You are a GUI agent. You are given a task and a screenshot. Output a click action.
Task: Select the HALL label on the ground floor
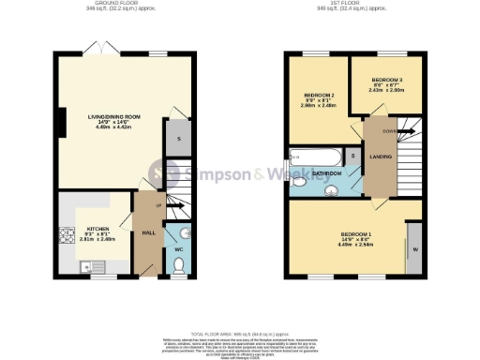(x=147, y=233)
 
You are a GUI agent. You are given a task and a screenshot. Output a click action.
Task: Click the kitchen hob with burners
(x=66, y=237)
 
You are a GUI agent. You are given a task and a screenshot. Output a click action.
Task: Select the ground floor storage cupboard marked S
(x=178, y=139)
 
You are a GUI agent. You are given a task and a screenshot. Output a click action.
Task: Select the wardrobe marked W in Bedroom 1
(x=413, y=248)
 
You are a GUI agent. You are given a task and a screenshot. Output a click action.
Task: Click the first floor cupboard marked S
(x=352, y=156)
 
